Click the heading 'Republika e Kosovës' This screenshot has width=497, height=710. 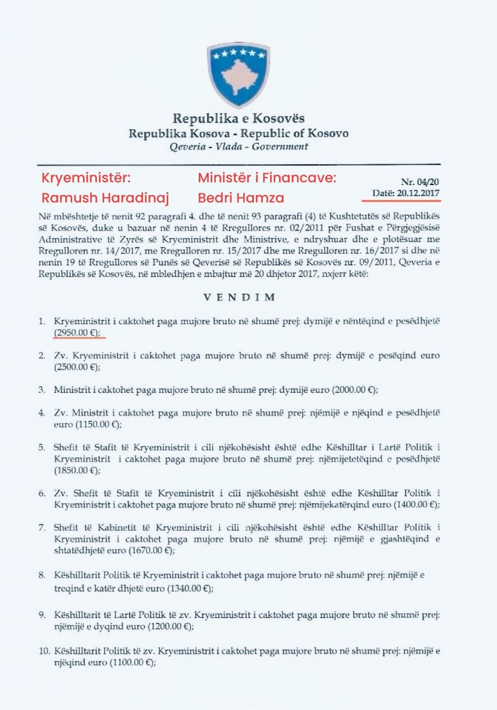point(238,119)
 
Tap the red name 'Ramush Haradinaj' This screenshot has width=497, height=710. point(105,198)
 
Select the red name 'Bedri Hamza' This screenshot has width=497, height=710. point(241,198)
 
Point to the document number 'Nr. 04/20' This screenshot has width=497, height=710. point(420,182)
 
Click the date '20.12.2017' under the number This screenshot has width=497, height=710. point(418,193)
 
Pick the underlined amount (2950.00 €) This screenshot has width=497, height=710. point(78,333)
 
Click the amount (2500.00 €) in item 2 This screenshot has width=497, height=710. point(78,367)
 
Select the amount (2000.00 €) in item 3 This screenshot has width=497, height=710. point(355,390)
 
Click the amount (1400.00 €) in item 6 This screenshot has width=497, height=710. point(416,505)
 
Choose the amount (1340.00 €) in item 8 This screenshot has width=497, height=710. point(190,588)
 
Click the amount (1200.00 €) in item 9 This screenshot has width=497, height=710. point(171,626)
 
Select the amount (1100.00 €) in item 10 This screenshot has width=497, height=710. point(132,663)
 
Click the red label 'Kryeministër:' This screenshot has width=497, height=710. point(86,178)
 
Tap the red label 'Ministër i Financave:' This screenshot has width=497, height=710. point(267,178)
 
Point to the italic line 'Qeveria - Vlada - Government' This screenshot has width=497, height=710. point(238,147)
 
